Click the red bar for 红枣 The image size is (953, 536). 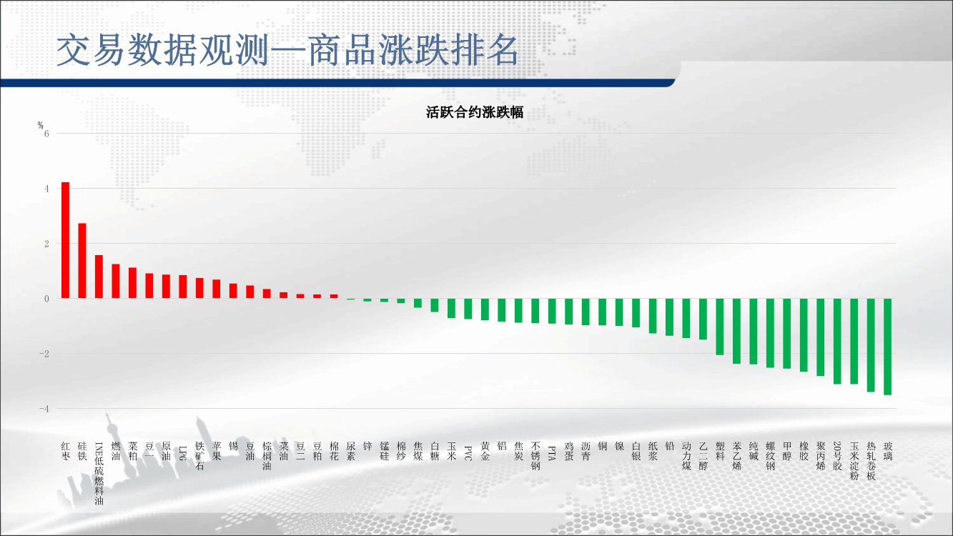(x=66, y=240)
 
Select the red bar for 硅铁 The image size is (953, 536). (x=82, y=261)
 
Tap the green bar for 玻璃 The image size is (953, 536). (x=887, y=347)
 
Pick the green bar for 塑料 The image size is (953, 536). (x=720, y=327)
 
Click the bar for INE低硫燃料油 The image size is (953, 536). (x=99, y=277)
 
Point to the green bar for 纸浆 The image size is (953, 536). (x=653, y=316)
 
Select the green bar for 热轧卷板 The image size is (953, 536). (x=871, y=345)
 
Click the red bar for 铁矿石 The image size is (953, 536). (x=199, y=288)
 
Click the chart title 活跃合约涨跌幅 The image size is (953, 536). (x=475, y=113)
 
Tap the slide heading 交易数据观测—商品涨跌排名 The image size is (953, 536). (x=287, y=51)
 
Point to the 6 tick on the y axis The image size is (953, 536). (x=46, y=134)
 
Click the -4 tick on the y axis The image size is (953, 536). (x=44, y=409)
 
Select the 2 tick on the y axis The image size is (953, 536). (x=46, y=244)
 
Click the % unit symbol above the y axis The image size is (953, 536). (x=41, y=125)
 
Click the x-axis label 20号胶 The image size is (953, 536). (x=837, y=456)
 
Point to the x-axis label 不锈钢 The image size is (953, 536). (x=535, y=456)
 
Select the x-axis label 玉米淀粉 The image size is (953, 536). (x=854, y=461)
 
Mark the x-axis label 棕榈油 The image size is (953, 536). (x=267, y=456)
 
